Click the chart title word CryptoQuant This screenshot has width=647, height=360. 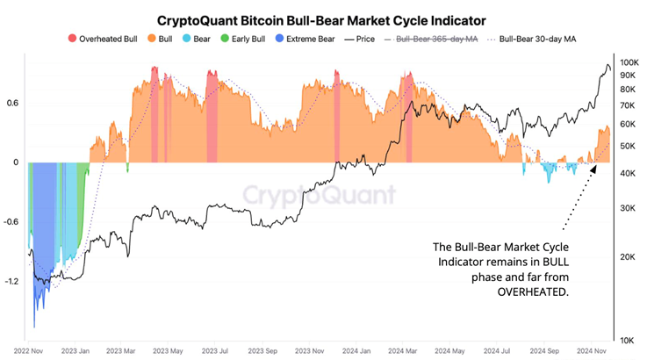196,18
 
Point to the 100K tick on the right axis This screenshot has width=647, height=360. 629,63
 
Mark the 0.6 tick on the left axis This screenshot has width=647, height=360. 13,103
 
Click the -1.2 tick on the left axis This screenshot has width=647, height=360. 11,282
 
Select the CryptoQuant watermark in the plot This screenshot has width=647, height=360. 318,194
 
